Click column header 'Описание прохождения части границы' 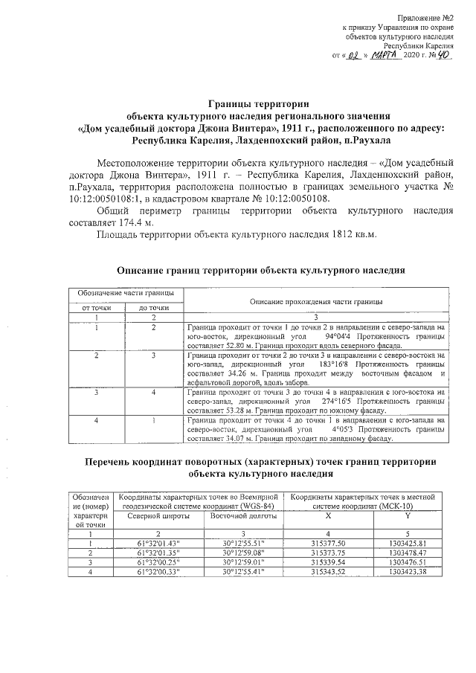pyautogui.click(x=316, y=301)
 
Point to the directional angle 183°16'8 pyautogui.click(x=338, y=365)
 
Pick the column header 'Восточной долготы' pyautogui.click(x=243, y=515)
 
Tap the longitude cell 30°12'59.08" pyautogui.click(x=243, y=553)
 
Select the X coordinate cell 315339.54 pyautogui.click(x=327, y=562)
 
